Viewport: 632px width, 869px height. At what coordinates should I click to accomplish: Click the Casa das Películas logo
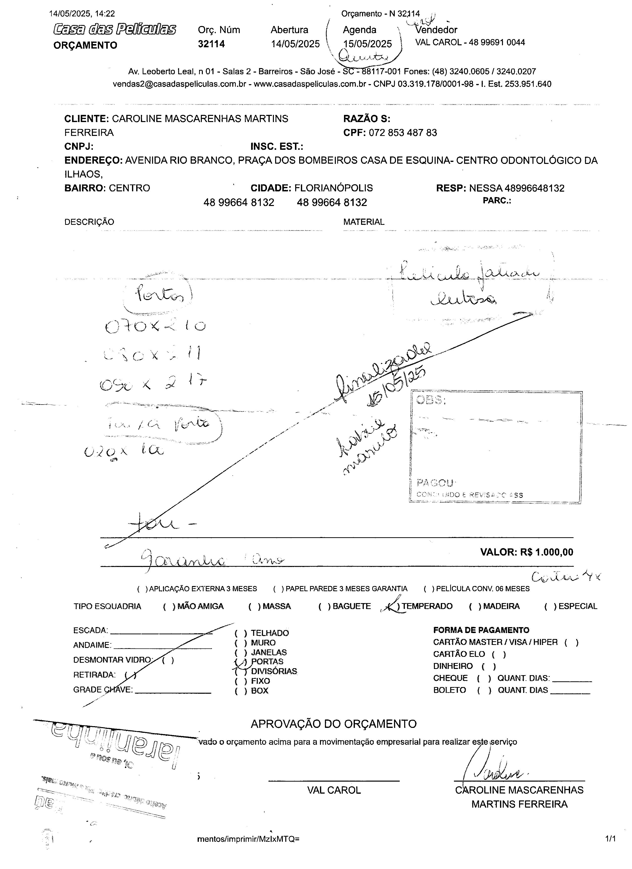click(115, 29)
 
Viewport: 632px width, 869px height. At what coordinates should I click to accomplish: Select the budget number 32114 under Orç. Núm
click(211, 44)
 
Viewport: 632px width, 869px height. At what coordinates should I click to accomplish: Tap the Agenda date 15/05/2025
click(367, 44)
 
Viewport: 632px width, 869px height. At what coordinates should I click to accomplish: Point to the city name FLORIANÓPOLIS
click(333, 188)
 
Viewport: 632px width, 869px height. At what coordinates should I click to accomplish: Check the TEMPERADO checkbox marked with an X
click(393, 606)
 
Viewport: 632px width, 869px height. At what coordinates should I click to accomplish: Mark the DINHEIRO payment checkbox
click(489, 666)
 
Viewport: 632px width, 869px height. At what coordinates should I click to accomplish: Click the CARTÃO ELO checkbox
click(499, 654)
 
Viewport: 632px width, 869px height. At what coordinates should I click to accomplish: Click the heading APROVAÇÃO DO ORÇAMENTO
click(333, 724)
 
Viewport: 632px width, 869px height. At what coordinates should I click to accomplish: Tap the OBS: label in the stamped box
click(431, 400)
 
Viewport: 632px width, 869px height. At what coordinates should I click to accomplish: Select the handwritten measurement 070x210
click(155, 326)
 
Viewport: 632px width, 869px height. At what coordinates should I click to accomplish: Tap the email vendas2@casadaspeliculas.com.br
click(179, 84)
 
